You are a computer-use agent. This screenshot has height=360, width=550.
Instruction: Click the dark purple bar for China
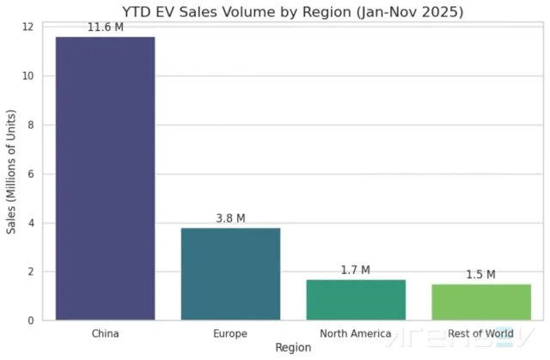pos(105,178)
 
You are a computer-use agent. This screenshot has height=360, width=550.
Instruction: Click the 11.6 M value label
pos(105,28)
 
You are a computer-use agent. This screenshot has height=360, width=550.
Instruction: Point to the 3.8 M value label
pos(230,218)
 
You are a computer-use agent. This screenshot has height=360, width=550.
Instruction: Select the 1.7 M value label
pos(356,270)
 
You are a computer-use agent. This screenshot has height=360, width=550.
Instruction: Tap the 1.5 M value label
pos(481,275)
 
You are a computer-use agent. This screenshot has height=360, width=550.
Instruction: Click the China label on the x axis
pos(105,333)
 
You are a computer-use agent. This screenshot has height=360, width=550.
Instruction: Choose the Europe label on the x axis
pos(230,333)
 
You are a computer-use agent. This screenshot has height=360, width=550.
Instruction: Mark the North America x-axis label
pos(356,333)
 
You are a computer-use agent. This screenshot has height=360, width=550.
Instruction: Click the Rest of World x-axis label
pos(481,333)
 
